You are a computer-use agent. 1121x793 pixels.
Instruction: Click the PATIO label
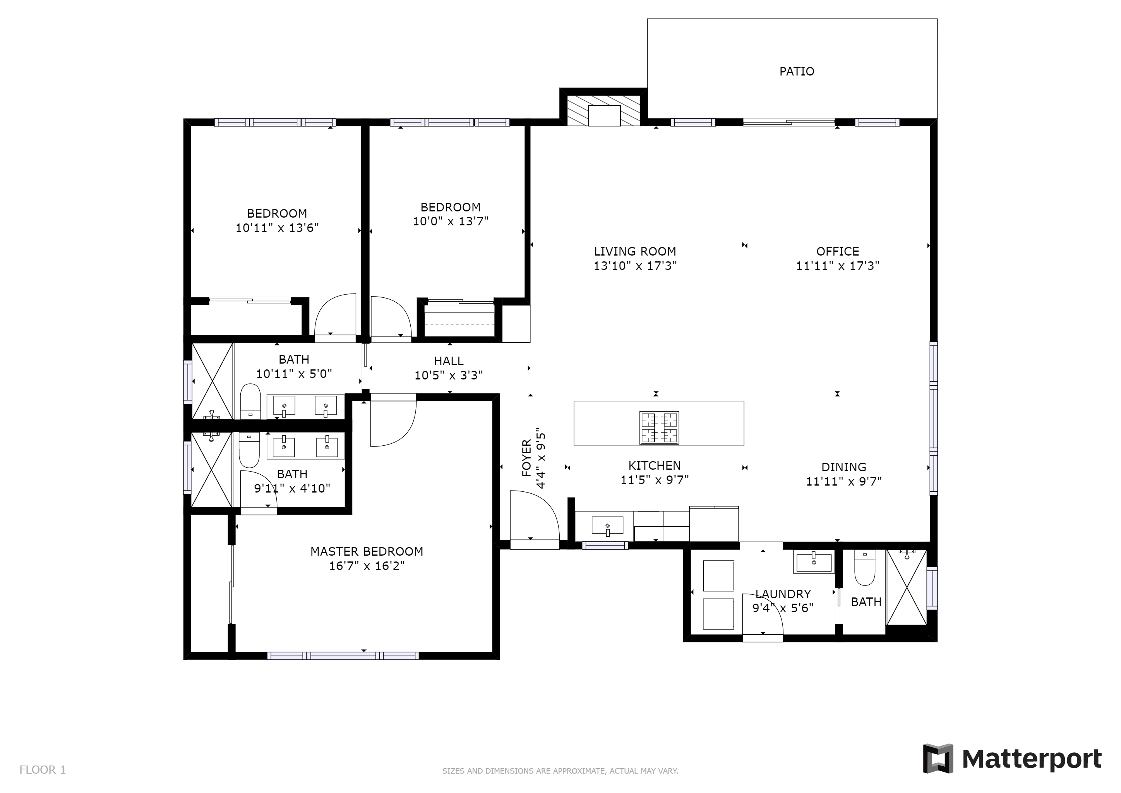(796, 72)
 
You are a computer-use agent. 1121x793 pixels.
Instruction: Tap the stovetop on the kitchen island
(659, 428)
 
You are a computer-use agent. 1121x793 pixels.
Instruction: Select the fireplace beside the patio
(603, 110)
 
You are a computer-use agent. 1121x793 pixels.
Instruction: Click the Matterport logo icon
(938, 758)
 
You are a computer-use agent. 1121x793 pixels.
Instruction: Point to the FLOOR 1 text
(43, 770)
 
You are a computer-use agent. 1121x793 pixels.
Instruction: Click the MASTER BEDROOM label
(367, 552)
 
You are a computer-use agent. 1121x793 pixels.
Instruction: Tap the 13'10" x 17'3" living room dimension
(635, 266)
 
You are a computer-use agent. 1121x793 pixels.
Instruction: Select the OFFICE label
(837, 251)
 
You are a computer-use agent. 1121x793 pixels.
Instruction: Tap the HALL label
(448, 361)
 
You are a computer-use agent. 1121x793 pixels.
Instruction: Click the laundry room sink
(813, 563)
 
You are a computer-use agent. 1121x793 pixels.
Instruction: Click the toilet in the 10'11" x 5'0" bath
(251, 402)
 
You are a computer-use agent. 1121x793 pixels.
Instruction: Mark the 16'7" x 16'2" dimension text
(367, 566)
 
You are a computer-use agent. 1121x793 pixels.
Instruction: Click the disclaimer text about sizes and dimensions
(560, 771)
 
